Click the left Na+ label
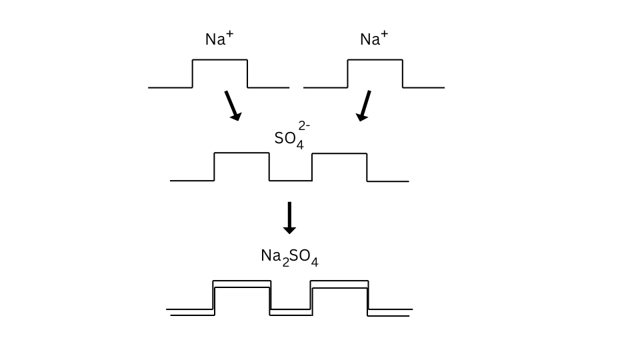219,39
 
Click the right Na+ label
374,39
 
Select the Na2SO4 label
289,257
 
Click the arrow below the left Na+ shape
233,105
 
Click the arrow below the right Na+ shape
364,105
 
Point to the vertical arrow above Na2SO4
289,217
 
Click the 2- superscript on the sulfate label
304,125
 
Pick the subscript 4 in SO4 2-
300,145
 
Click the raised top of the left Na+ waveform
220,61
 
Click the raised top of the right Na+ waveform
375,61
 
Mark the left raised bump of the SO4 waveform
241,153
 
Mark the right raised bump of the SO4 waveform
339,154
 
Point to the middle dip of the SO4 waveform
291,180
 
